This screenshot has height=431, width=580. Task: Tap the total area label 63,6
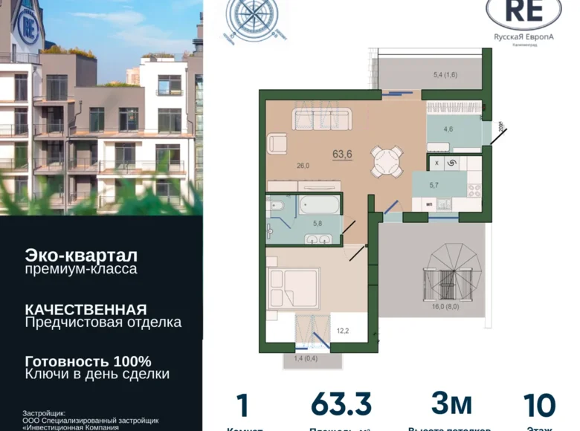pos(343,155)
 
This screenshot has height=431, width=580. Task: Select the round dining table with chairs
pos(387,159)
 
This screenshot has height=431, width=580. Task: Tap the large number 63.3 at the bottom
pos(341,406)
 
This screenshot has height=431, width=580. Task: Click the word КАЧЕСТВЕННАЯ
pos(85,309)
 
